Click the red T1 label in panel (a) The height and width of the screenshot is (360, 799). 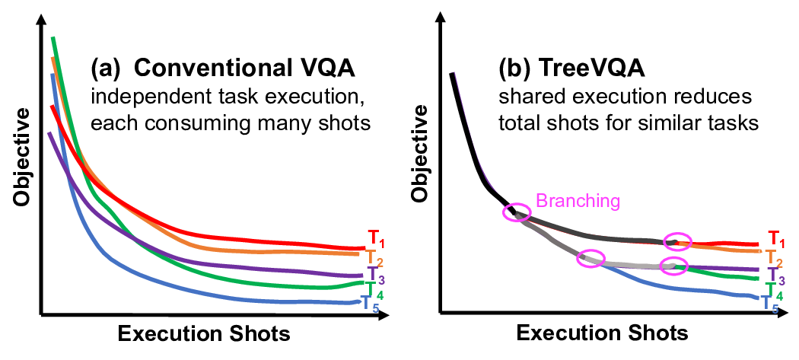pos(374,238)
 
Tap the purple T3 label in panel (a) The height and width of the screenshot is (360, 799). pos(374,274)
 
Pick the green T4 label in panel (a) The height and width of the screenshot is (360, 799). pos(371,290)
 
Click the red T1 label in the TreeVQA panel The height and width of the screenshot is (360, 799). pos(775,239)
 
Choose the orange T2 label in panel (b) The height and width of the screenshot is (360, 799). pos(771,256)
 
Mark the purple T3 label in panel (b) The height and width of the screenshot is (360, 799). pos(773,274)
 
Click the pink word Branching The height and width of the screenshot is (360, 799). pos(578,201)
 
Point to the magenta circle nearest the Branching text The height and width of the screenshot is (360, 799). pos(517,212)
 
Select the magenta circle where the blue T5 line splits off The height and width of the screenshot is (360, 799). pos(590,257)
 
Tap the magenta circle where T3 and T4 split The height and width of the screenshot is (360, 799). pos(673,266)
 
